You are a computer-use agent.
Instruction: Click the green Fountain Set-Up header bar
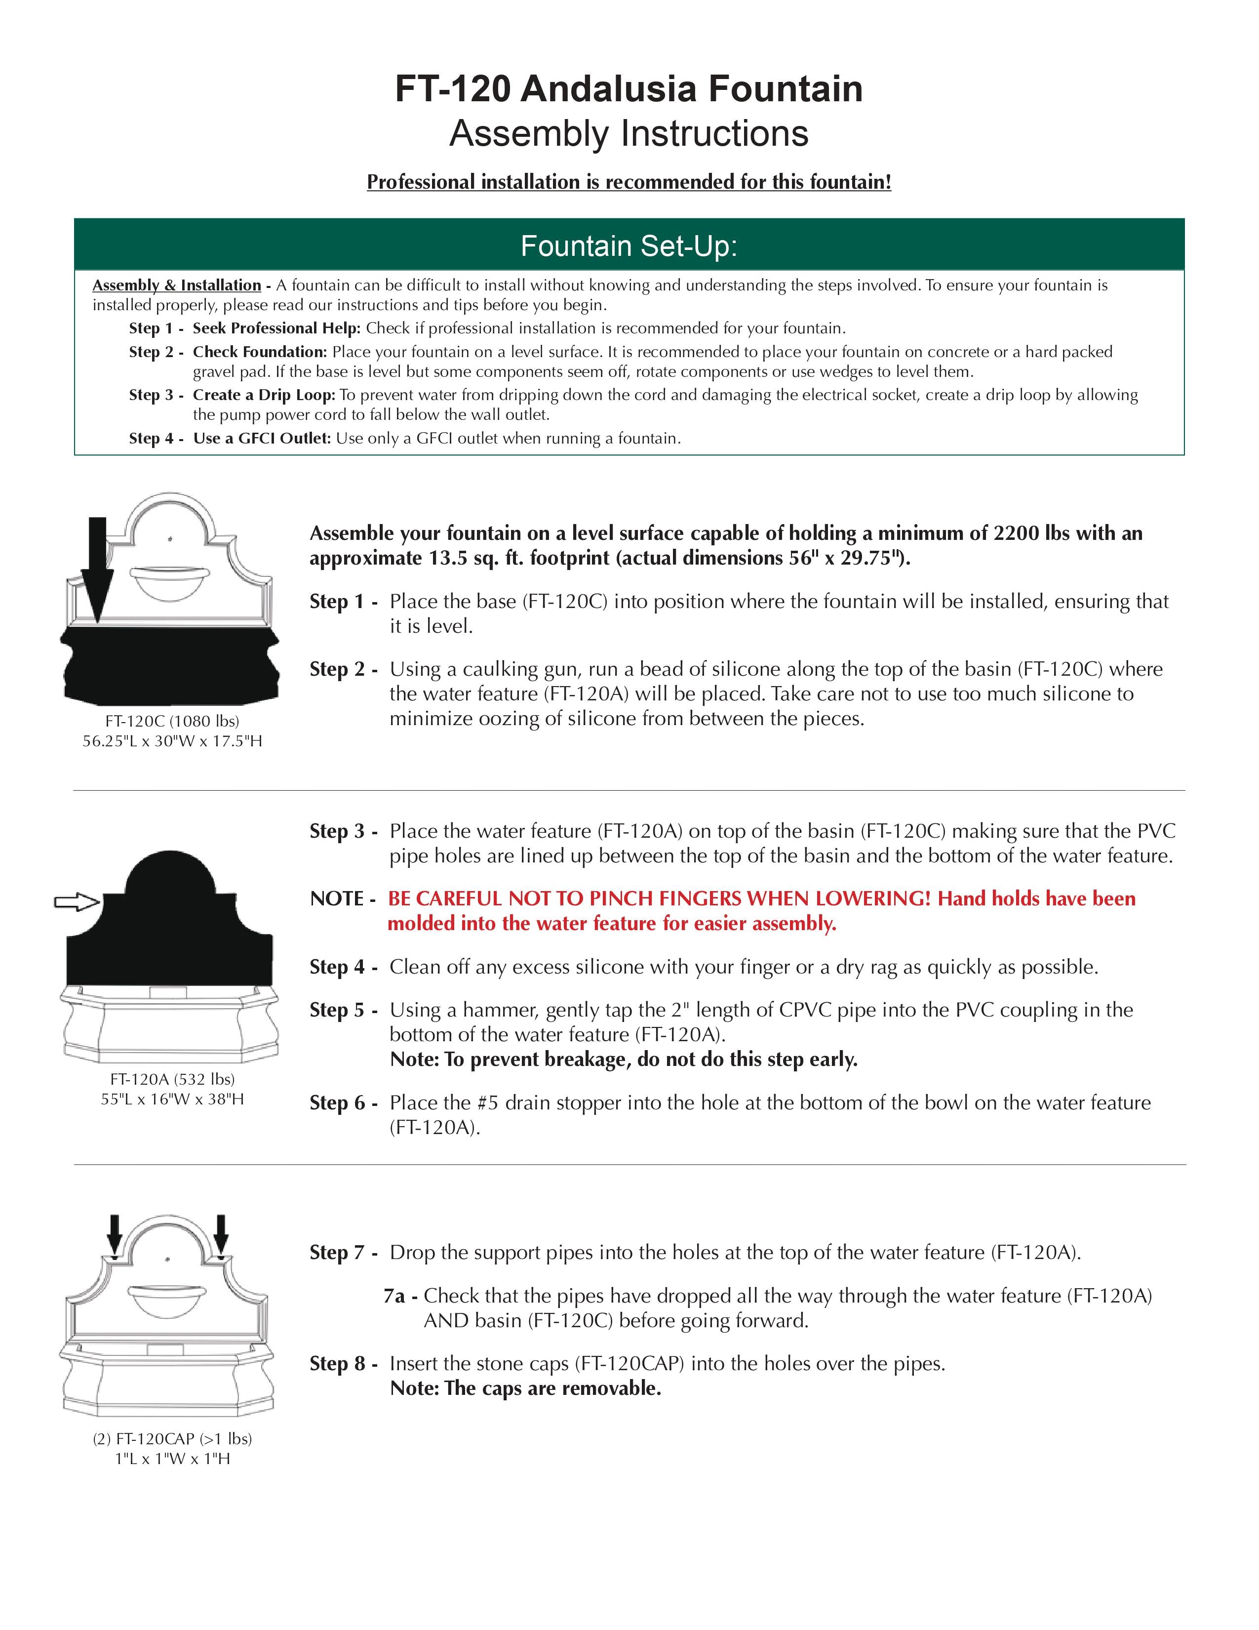pyautogui.click(x=629, y=245)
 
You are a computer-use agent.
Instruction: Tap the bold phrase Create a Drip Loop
pyautogui.click(x=263, y=395)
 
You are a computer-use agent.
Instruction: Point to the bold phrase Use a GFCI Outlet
pyautogui.click(x=261, y=438)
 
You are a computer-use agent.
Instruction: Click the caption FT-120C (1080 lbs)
pyautogui.click(x=172, y=721)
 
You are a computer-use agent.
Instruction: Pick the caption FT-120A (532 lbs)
pyautogui.click(x=172, y=1079)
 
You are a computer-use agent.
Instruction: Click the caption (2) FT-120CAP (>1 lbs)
pyautogui.click(x=172, y=1438)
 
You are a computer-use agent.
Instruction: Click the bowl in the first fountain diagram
pyautogui.click(x=170, y=582)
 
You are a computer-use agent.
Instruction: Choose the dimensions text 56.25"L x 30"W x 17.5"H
pyautogui.click(x=172, y=741)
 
